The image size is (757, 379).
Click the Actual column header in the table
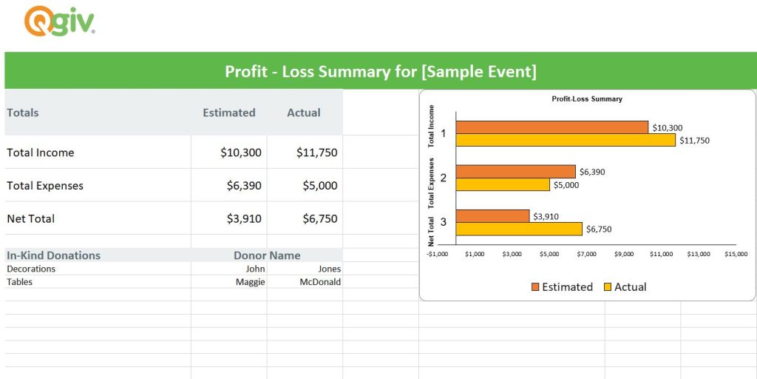(303, 113)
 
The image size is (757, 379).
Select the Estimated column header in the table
(228, 113)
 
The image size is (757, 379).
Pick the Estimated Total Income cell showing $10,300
(240, 152)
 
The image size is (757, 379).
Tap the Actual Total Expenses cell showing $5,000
(319, 186)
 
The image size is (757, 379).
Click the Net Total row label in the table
(30, 219)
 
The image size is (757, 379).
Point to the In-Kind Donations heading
(53, 255)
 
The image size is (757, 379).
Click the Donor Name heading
(267, 255)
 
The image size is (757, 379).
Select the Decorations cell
(31, 269)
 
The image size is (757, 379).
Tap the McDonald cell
(320, 282)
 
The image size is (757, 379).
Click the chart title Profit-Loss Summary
(587, 99)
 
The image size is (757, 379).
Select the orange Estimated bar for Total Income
(552, 127)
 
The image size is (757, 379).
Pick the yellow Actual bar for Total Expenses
(503, 185)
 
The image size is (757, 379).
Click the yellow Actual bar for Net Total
(519, 229)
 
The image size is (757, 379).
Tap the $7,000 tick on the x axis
(587, 254)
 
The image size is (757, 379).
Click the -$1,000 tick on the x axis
(438, 254)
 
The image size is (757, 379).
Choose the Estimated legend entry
(562, 287)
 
